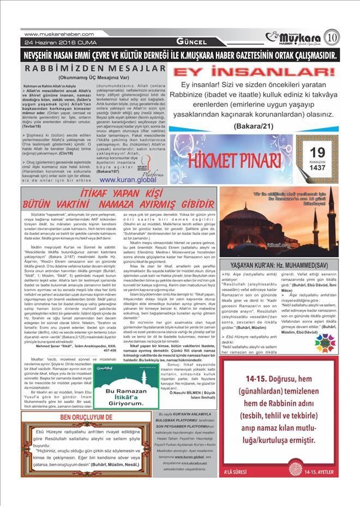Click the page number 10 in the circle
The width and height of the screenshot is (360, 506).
(345, 39)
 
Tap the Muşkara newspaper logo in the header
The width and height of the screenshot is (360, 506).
(299, 38)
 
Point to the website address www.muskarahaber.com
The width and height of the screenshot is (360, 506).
(56, 34)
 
